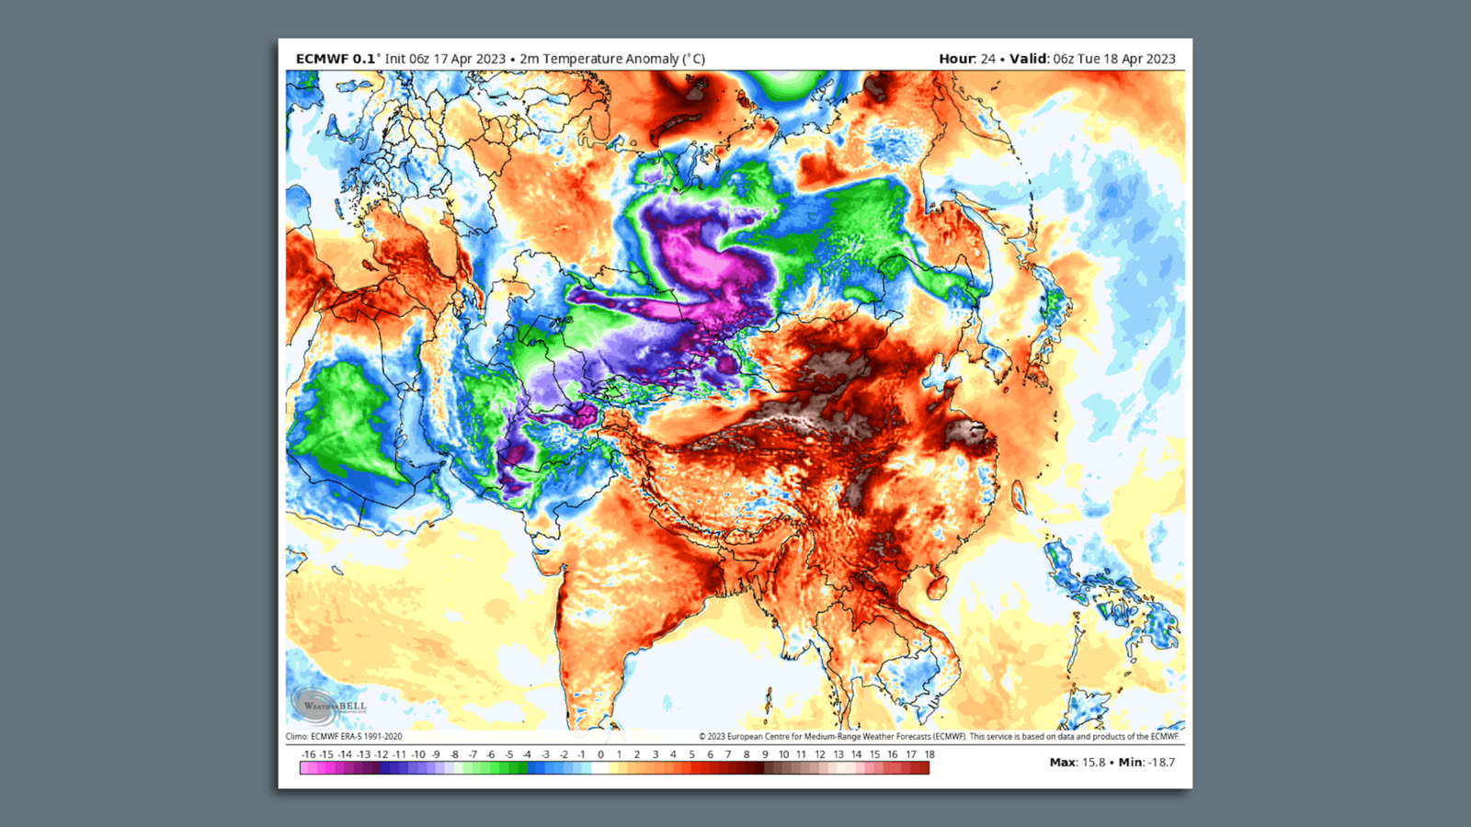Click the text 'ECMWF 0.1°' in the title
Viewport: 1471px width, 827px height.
tap(336, 59)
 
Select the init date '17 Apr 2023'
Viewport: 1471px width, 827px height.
tap(470, 59)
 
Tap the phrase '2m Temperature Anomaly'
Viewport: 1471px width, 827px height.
tap(599, 59)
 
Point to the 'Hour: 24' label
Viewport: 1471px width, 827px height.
tap(966, 59)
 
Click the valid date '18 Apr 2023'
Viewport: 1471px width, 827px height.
tap(1139, 59)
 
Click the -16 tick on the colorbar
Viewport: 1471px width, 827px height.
tap(308, 754)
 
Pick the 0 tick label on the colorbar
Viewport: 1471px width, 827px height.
tap(600, 754)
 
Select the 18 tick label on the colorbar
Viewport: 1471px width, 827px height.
tap(929, 754)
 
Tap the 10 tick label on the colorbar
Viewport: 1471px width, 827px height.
tap(783, 754)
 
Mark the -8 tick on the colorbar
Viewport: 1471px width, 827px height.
tap(454, 754)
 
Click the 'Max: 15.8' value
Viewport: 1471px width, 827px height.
tap(1078, 763)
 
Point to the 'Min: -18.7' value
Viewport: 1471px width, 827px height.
tap(1146, 763)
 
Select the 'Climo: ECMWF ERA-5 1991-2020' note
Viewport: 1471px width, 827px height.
tap(344, 736)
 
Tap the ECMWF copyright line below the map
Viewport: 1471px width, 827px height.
tap(938, 736)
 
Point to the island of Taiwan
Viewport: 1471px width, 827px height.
tap(1019, 497)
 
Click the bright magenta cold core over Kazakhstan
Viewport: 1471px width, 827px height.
tap(699, 253)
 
